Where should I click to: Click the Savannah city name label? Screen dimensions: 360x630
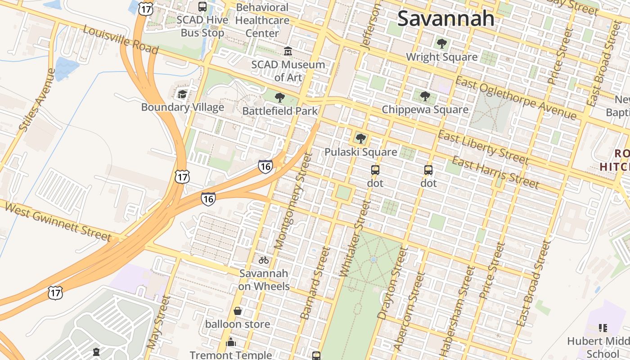click(446, 18)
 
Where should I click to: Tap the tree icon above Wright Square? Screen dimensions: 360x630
click(442, 44)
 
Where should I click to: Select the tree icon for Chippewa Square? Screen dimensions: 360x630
click(425, 96)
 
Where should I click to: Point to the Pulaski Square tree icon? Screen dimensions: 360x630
click(360, 139)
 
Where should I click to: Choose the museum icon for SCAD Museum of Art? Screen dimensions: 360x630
click(288, 51)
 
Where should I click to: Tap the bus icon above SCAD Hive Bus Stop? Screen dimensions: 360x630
click(202, 7)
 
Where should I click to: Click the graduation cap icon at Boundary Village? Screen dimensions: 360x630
click(182, 94)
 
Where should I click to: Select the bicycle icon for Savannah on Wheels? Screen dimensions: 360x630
click(264, 260)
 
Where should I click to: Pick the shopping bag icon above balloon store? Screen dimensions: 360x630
click(238, 311)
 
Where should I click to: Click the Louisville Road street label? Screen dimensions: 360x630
click(121, 40)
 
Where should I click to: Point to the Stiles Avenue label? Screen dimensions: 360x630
click(37, 100)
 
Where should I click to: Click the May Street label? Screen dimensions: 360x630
click(159, 322)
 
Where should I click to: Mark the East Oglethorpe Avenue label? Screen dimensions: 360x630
click(516, 98)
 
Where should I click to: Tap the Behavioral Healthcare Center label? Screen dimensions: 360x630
click(262, 20)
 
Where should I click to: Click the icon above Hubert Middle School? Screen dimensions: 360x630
click(603, 328)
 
